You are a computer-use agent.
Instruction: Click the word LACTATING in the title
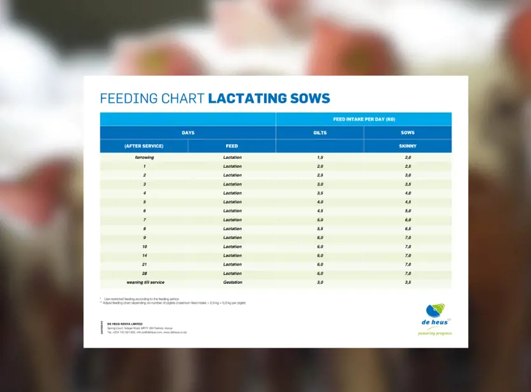point(244,98)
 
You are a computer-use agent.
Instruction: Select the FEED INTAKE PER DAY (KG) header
point(364,119)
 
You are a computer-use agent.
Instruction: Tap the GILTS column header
point(320,133)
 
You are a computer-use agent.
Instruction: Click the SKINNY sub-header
point(408,146)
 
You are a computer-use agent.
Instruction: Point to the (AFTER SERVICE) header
point(144,146)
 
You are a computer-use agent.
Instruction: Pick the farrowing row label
point(144,157)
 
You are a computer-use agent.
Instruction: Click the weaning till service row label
point(144,282)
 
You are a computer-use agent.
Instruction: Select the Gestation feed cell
point(232,282)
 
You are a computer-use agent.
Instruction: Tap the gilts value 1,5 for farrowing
point(320,157)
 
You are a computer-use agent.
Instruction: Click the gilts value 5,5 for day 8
point(320,229)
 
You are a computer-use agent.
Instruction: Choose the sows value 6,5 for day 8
point(408,229)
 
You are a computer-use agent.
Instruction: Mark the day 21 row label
point(144,264)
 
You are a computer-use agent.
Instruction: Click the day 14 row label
point(144,255)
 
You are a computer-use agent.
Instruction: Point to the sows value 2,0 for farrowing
point(408,157)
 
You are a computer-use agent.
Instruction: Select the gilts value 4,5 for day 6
point(320,211)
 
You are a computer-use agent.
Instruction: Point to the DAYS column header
point(188,133)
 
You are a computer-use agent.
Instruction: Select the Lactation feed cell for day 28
point(232,273)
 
